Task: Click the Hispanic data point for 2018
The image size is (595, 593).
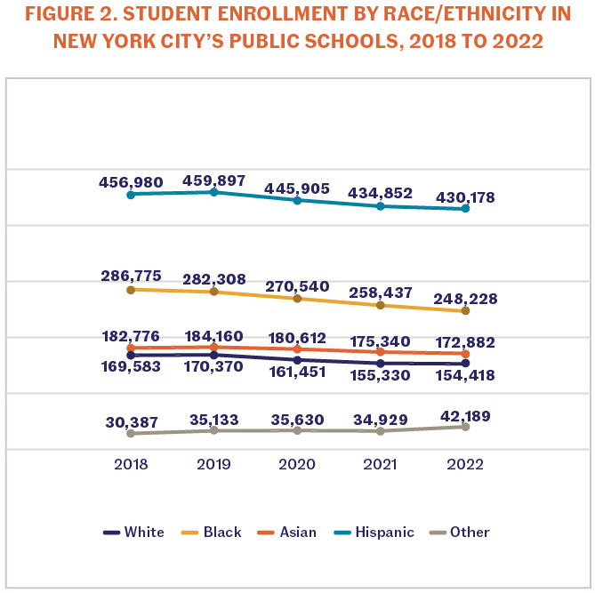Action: click(131, 195)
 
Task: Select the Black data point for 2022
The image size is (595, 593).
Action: click(465, 311)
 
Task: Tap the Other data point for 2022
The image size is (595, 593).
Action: click(465, 427)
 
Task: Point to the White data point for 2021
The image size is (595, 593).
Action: click(381, 364)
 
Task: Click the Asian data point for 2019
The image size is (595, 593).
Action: click(214, 347)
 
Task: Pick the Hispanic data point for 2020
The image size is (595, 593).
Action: click(297, 200)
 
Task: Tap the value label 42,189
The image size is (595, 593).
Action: click(465, 415)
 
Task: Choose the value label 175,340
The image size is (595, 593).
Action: click(381, 340)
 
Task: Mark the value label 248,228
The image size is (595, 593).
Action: click(465, 300)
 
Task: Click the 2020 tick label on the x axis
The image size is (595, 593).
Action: click(297, 464)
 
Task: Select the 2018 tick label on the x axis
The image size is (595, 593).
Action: click(131, 464)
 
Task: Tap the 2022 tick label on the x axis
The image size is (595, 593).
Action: click(465, 464)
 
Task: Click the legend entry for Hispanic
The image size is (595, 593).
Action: click(383, 533)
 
